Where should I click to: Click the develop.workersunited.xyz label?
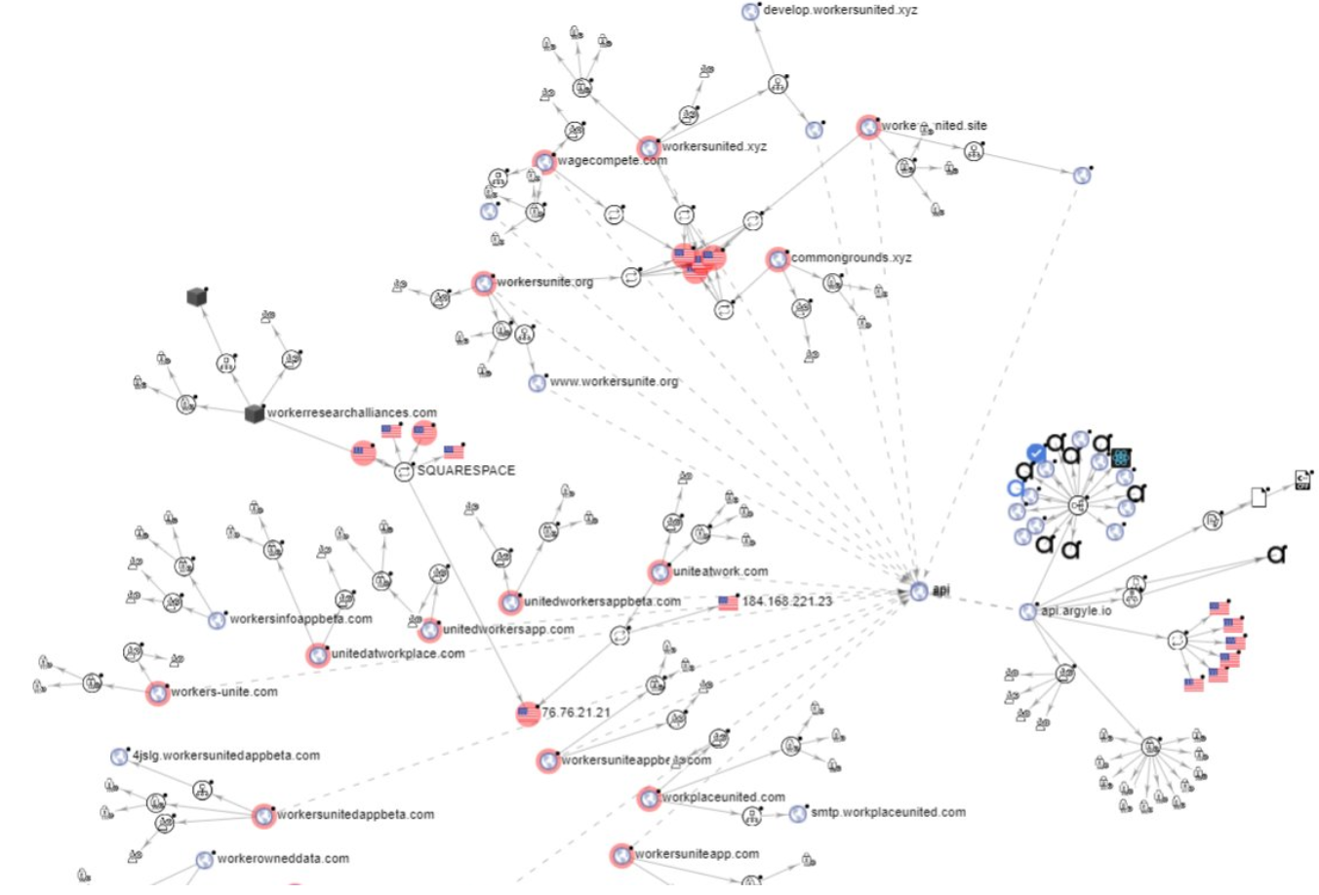coord(839,11)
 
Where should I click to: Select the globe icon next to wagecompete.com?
coord(544,162)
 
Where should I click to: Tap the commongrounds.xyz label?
coord(851,258)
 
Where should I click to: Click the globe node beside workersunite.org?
coord(483,284)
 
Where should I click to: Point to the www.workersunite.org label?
coord(613,382)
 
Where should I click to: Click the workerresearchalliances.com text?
coord(351,413)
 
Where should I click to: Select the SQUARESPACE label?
coord(465,471)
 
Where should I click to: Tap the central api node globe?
coord(919,591)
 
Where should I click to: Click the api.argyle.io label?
coord(1075,611)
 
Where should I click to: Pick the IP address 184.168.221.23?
coord(786,603)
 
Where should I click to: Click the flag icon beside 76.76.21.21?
coord(528,714)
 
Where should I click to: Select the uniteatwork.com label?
coord(720,571)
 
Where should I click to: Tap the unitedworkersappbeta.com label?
coord(602,602)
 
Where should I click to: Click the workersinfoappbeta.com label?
coord(300,619)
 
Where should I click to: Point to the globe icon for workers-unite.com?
coord(157,693)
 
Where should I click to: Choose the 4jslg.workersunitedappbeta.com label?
coord(225,756)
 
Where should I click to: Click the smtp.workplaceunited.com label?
coord(888,812)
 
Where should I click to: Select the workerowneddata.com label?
coord(282,859)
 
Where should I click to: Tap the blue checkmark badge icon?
coord(1036,453)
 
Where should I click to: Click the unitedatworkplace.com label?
coord(397,654)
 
